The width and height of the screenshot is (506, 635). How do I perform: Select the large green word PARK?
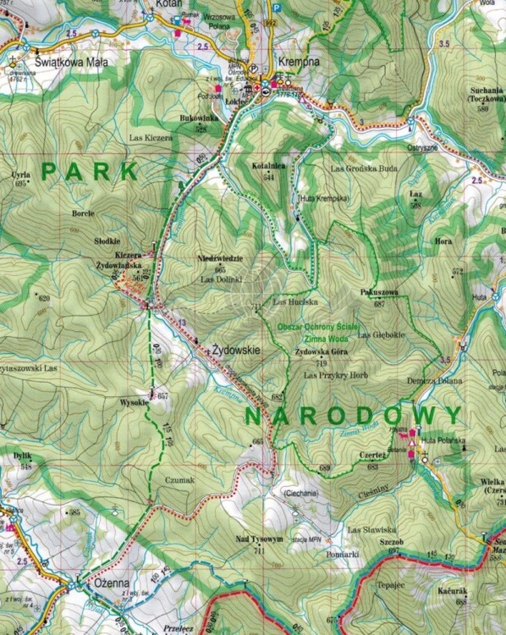tap(90, 172)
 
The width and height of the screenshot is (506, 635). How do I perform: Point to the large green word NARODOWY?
tap(354, 415)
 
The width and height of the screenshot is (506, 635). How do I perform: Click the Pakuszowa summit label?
tap(379, 292)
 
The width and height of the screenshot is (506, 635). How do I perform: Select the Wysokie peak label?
tap(135, 402)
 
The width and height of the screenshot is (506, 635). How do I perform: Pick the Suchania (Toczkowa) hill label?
tap(482, 95)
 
